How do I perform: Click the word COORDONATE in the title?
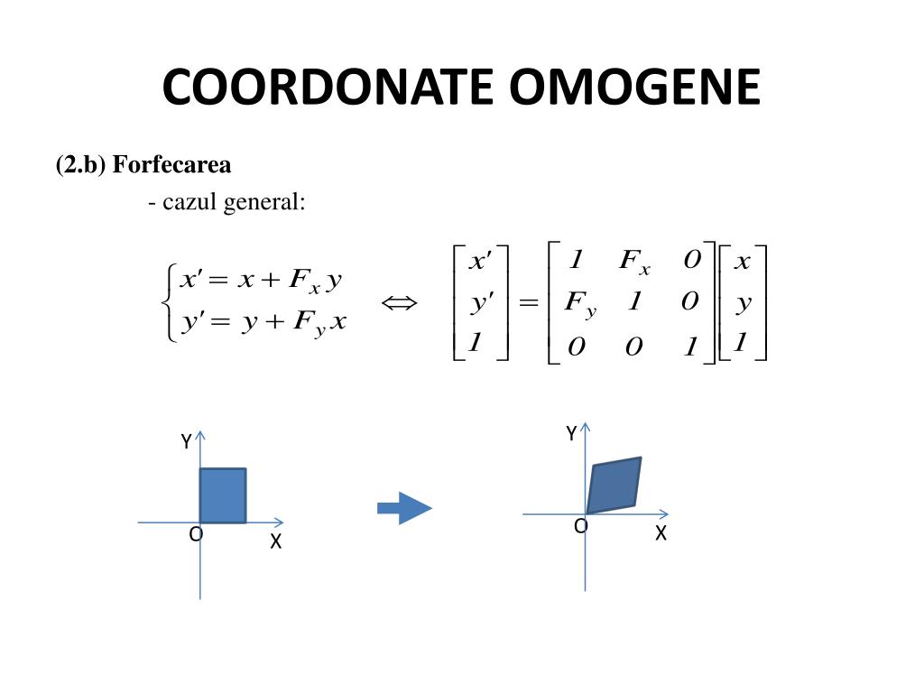tap(327, 87)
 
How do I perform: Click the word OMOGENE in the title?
tap(635, 87)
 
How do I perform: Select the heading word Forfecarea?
tap(171, 164)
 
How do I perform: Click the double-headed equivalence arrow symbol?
tap(399, 303)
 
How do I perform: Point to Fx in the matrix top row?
tap(634, 261)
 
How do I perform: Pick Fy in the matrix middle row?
tap(580, 304)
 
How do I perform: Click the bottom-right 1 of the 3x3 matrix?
tap(690, 346)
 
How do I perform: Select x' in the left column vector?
tap(480, 260)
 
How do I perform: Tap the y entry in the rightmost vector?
tap(744, 303)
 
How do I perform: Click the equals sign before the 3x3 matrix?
tap(528, 303)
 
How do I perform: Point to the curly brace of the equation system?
tap(169, 303)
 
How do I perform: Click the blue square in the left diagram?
tap(223, 495)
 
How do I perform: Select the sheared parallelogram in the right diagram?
tap(614, 485)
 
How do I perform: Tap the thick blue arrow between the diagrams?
tap(404, 508)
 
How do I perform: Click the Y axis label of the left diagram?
tap(186, 441)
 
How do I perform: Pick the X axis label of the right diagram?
tap(661, 533)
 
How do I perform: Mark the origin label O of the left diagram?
tap(196, 534)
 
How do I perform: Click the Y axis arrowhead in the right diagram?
tap(585, 427)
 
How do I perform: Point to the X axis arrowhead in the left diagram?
tap(279, 522)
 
